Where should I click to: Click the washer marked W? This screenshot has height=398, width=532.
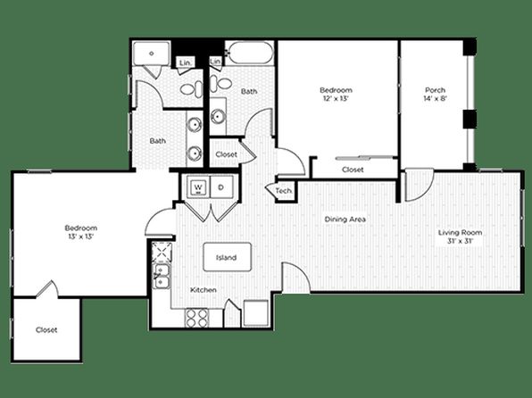point(198,187)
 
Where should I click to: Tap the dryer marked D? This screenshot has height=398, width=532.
point(221,187)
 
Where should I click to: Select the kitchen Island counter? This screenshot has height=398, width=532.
point(227,257)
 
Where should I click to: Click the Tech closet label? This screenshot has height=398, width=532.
point(284,191)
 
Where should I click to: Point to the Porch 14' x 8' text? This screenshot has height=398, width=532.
point(435,95)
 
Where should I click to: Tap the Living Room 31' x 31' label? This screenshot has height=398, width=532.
point(460,236)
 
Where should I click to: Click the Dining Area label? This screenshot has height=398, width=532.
point(345,220)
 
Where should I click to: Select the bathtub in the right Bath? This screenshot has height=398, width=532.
point(249,53)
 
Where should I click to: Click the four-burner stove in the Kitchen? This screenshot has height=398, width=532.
point(196,318)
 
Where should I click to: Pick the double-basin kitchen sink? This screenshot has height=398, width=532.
point(162,277)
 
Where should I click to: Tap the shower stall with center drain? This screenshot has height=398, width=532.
point(151,54)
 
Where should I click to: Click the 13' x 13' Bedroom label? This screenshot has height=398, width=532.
point(80,232)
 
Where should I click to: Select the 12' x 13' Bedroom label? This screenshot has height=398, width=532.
point(336,94)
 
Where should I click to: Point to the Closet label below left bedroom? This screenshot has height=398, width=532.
point(46,330)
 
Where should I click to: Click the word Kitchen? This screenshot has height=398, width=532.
point(204,290)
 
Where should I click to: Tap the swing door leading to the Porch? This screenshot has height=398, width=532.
point(420,185)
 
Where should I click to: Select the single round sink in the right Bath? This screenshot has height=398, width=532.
point(217,117)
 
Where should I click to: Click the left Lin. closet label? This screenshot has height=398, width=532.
point(186,62)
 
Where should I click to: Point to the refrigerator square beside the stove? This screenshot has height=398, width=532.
point(256,313)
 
